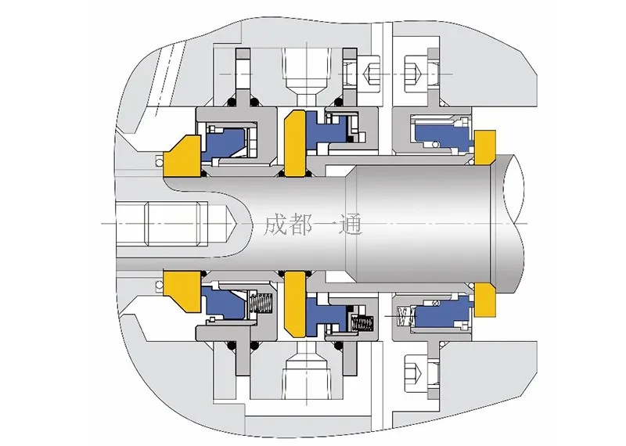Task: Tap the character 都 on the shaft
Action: click(x=300, y=225)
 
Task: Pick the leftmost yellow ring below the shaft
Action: click(x=182, y=289)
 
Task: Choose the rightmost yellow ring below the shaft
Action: click(x=485, y=300)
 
